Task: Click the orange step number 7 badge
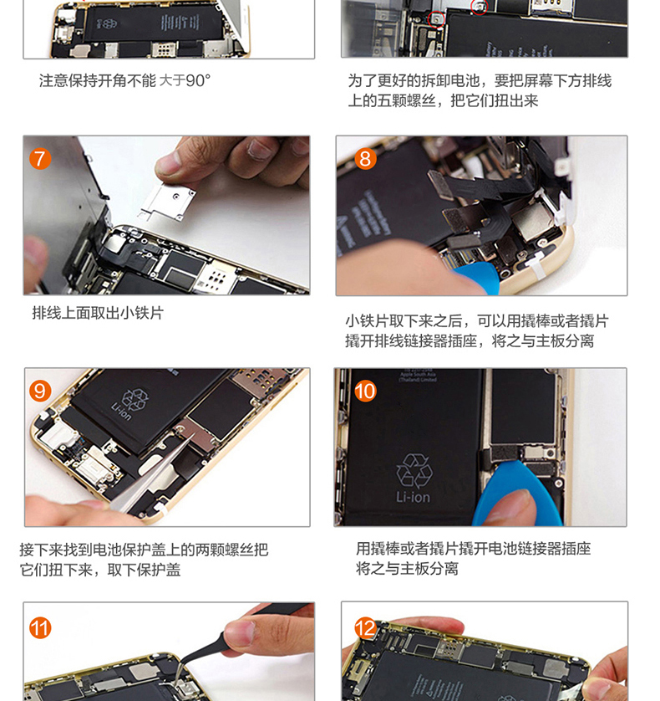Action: point(40,159)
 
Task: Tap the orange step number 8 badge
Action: point(365,159)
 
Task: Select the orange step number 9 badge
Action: point(40,391)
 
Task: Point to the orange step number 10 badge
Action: point(365,391)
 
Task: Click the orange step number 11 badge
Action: point(40,628)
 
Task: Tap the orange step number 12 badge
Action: point(365,628)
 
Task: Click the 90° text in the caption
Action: point(198,81)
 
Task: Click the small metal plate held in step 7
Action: point(167,202)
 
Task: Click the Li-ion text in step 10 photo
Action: point(413,497)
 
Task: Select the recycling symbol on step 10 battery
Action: point(414,470)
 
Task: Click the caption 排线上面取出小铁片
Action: point(98,313)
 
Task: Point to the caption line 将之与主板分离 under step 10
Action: point(407,569)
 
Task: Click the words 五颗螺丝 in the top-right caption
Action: point(406,100)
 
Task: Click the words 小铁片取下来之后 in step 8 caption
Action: point(404,321)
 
